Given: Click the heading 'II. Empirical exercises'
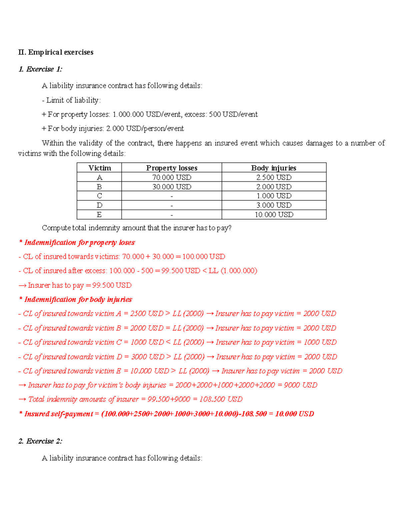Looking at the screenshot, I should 56,52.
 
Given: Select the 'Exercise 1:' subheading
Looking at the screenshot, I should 40,69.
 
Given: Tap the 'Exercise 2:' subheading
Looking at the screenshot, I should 40,441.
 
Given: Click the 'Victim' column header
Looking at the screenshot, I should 99,168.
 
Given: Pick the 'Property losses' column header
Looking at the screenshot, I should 172,168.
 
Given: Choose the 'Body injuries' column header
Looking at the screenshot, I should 274,168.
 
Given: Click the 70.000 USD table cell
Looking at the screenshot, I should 172,177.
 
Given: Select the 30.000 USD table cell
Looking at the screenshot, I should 172,187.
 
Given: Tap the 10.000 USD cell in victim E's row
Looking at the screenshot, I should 274,215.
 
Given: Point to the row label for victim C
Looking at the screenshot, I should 99,196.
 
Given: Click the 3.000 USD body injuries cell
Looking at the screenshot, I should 274,205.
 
